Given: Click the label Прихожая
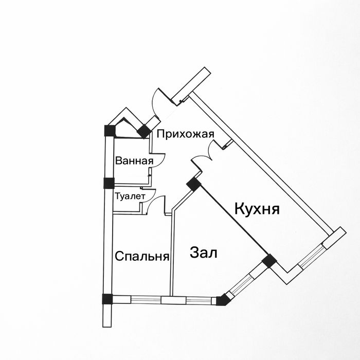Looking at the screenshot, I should tap(185, 134).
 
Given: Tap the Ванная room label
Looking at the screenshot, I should tap(134, 160).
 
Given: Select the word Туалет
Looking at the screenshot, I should tap(130, 196).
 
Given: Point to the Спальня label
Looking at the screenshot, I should tap(142, 256).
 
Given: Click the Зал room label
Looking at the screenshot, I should tap(204, 253).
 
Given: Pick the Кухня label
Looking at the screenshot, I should tap(257, 209).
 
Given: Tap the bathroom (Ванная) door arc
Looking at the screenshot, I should tap(159, 160).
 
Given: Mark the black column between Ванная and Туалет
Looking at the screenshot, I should tap(109, 183).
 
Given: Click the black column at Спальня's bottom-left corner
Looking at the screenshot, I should tap(107, 299).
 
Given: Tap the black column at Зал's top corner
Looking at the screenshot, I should tap(193, 184).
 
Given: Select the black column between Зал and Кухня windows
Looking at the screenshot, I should tap(268, 261).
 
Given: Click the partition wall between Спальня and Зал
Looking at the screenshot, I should tap(172, 252).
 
